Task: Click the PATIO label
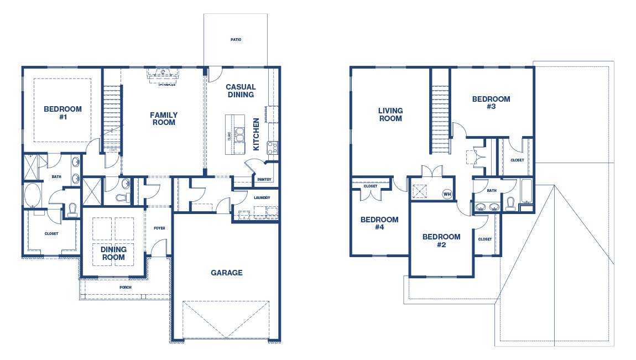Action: (x=236, y=40)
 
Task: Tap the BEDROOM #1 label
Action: (x=62, y=113)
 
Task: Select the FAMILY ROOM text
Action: (x=164, y=119)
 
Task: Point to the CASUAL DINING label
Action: (x=241, y=91)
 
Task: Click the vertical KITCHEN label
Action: (x=256, y=134)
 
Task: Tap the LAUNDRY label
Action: (x=262, y=197)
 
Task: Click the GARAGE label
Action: (x=226, y=273)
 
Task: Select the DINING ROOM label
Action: (x=113, y=253)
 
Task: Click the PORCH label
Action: (x=126, y=288)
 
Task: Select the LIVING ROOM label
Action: (x=390, y=114)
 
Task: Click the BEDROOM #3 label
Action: (x=491, y=103)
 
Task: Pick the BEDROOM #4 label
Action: (x=379, y=223)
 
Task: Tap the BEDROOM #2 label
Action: (x=441, y=241)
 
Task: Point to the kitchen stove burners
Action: (x=273, y=147)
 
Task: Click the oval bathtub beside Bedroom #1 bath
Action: (x=32, y=195)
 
